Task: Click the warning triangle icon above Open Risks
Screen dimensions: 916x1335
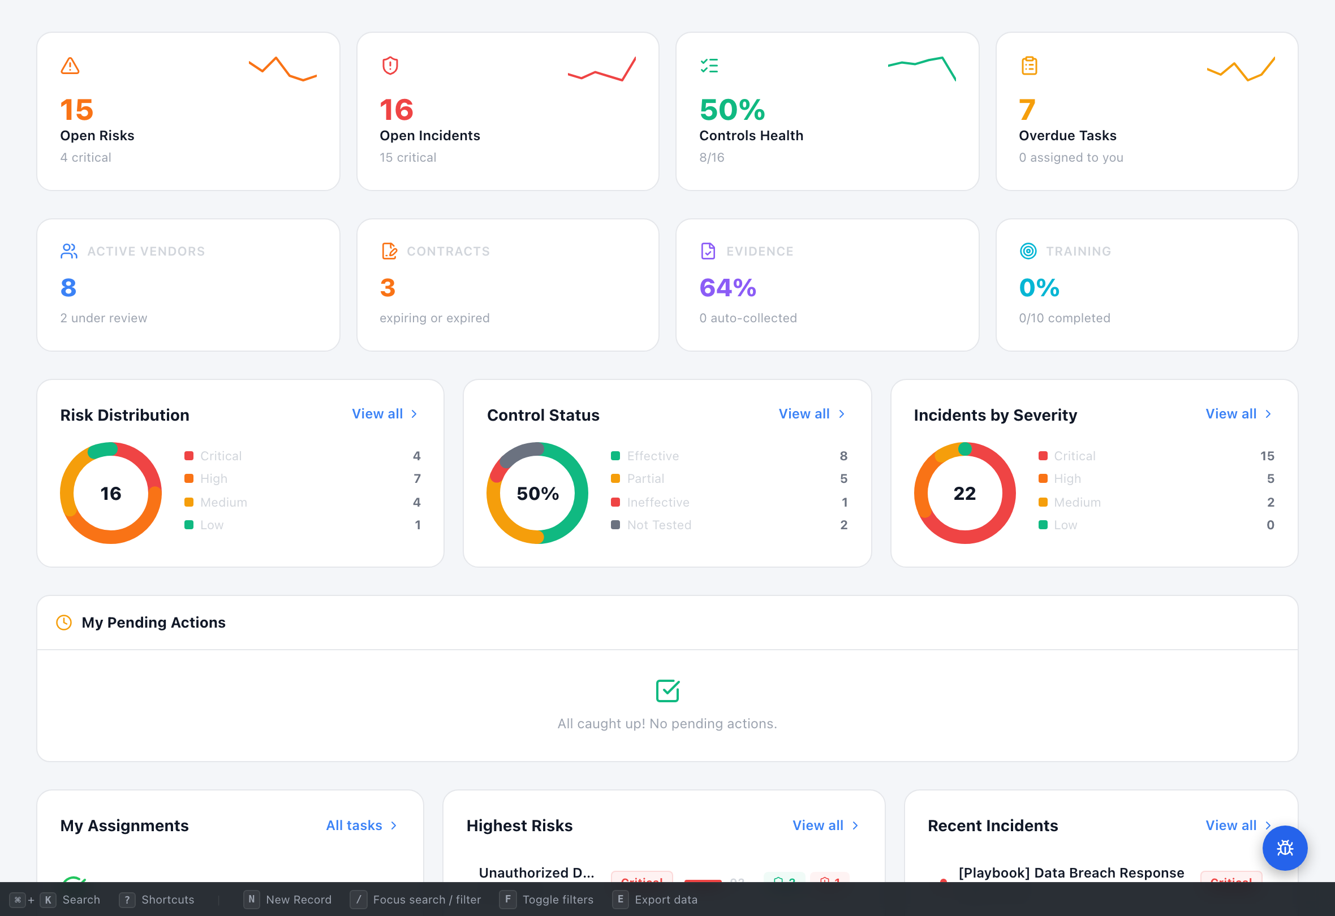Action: pos(70,66)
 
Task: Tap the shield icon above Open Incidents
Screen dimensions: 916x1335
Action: pos(390,66)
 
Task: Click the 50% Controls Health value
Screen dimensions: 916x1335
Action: pos(732,110)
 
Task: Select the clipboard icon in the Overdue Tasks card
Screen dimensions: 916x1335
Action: pos(1029,66)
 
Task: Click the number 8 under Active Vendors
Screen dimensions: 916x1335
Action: pos(68,287)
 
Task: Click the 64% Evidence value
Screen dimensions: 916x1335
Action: pos(727,287)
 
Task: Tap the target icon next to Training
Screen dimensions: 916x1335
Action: pos(1028,251)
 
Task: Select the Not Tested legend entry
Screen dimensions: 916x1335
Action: pos(658,525)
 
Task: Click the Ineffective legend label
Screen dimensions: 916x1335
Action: pos(658,502)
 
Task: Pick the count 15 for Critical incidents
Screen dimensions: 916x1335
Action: pos(1267,456)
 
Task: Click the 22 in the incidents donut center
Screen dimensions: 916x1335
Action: pos(964,493)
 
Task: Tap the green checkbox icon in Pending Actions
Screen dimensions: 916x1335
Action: pos(667,691)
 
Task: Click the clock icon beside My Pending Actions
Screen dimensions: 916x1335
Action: pos(64,623)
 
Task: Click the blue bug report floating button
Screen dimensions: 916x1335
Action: pos(1285,848)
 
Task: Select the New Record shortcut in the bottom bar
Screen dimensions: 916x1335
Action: pos(298,900)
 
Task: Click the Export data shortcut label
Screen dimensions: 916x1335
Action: pos(665,900)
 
